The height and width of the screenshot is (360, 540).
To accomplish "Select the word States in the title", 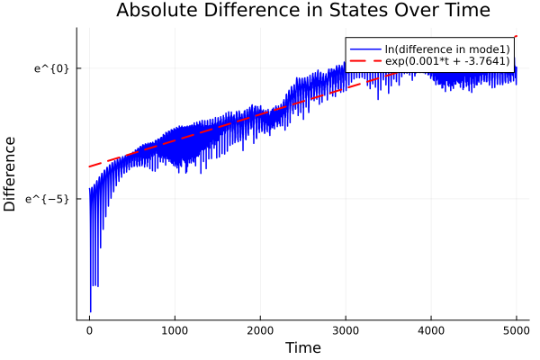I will tap(353, 11).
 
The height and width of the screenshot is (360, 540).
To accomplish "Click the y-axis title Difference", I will tap(11, 174).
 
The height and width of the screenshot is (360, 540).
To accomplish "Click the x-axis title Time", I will tap(302, 347).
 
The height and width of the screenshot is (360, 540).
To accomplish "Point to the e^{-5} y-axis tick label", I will tap(51, 198).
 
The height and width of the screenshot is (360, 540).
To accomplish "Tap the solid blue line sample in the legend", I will tap(364, 49).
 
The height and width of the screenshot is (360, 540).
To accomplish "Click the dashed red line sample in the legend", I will tap(364, 61).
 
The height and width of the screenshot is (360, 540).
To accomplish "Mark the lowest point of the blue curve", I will tap(90, 311).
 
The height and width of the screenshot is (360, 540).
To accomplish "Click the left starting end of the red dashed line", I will tap(89, 166).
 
